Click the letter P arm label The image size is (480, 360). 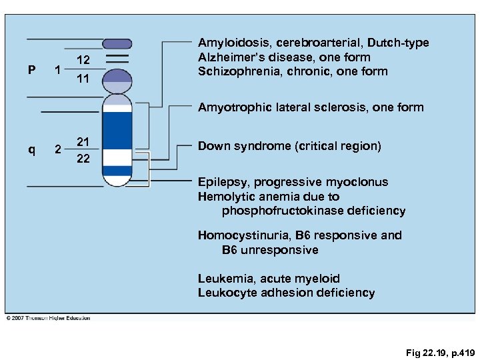click(x=31, y=70)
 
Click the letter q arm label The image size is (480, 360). click(x=31, y=149)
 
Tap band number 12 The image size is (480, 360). click(x=83, y=61)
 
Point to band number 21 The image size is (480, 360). click(x=83, y=141)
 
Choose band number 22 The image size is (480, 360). click(x=83, y=158)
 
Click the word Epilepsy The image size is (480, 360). click(x=223, y=182)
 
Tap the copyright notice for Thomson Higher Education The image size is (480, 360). click(x=48, y=318)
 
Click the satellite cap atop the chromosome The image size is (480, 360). click(x=117, y=43)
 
